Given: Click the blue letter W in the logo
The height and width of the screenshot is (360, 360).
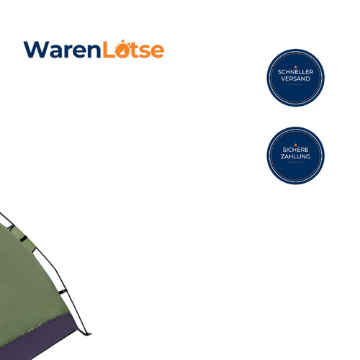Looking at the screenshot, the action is (36, 50).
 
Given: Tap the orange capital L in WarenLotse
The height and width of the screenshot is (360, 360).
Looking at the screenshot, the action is (109, 50).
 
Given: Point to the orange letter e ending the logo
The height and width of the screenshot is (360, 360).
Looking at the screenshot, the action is (157, 51).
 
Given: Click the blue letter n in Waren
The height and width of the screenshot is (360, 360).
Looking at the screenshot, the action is (94, 51).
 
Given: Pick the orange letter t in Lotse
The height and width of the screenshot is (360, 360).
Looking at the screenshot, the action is (135, 50).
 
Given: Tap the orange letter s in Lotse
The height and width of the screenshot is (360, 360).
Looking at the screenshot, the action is (145, 51).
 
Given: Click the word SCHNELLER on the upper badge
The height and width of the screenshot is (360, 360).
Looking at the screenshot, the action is (295, 72).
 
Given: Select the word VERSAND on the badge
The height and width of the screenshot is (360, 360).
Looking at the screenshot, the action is (295, 78).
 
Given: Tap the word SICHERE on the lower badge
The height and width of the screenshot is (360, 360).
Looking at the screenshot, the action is (295, 150).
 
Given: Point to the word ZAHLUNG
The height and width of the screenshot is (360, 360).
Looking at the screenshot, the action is (295, 156).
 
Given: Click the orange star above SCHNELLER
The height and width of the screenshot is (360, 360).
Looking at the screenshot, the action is (296, 67).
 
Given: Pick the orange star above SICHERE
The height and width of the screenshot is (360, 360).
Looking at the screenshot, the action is (296, 145).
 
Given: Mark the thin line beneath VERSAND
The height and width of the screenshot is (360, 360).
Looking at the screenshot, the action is (296, 84).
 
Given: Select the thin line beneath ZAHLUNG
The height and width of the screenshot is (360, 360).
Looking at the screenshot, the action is (296, 162).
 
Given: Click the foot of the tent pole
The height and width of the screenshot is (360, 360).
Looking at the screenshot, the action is (89, 333).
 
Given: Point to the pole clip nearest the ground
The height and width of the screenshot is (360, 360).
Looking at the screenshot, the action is (63, 292).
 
